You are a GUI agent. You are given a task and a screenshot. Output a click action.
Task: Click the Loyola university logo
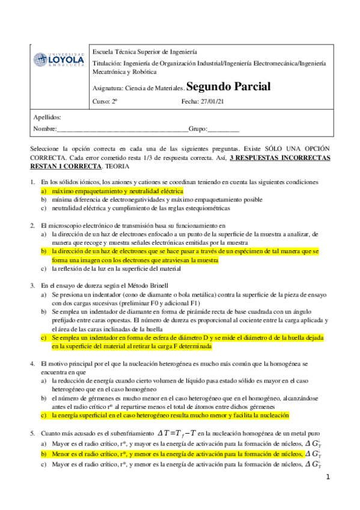pos(58,61)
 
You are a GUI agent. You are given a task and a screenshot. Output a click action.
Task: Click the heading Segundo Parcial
pos(229,87)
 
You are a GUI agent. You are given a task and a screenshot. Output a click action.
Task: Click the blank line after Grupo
pos(223,129)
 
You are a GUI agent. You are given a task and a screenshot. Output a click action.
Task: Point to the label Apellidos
pos(47,118)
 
